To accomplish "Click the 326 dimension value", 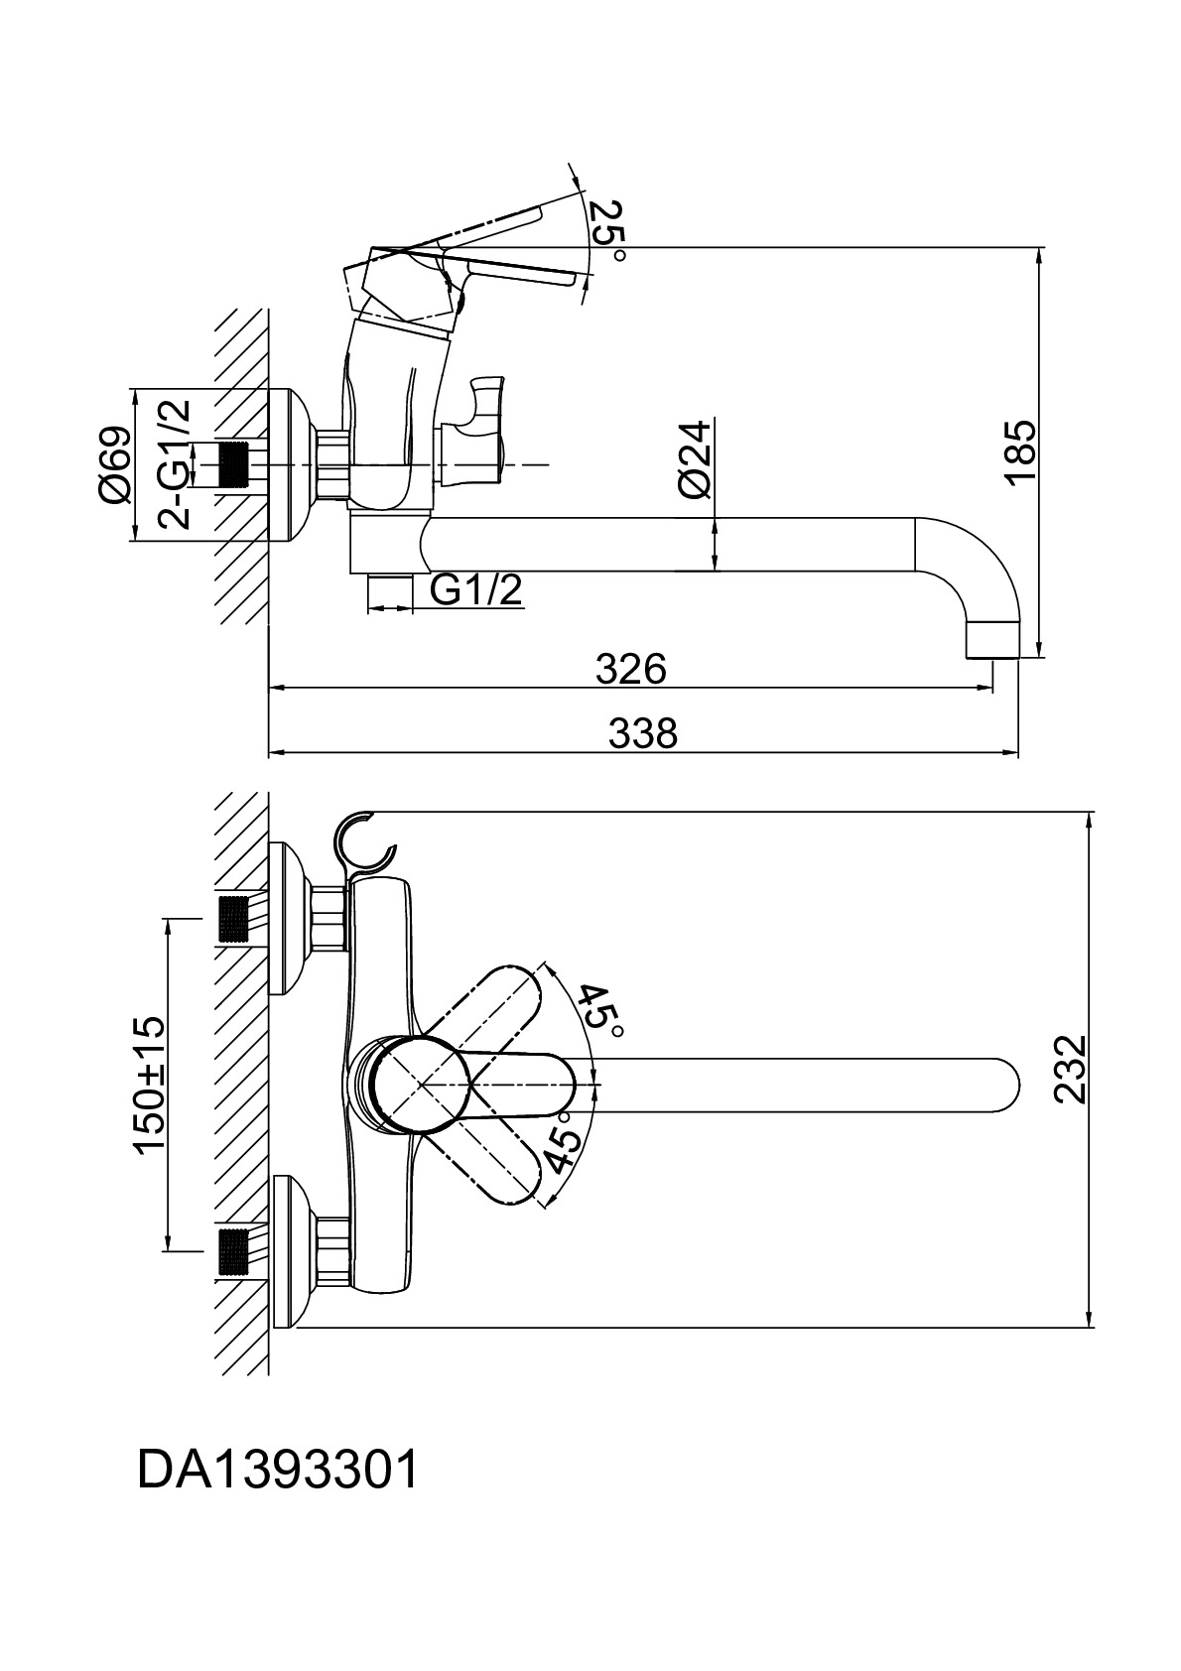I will click(x=630, y=670).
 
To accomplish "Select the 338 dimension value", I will click(x=642, y=734).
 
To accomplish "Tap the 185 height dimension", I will click(x=1020, y=451).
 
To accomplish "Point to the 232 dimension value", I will click(x=1071, y=1070).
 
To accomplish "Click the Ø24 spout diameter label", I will click(x=696, y=458).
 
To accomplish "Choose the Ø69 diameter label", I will click(x=115, y=464).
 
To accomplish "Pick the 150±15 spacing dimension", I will click(x=151, y=1085).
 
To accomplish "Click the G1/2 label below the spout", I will click(x=475, y=590).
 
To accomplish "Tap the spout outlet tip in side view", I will click(x=992, y=640).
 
